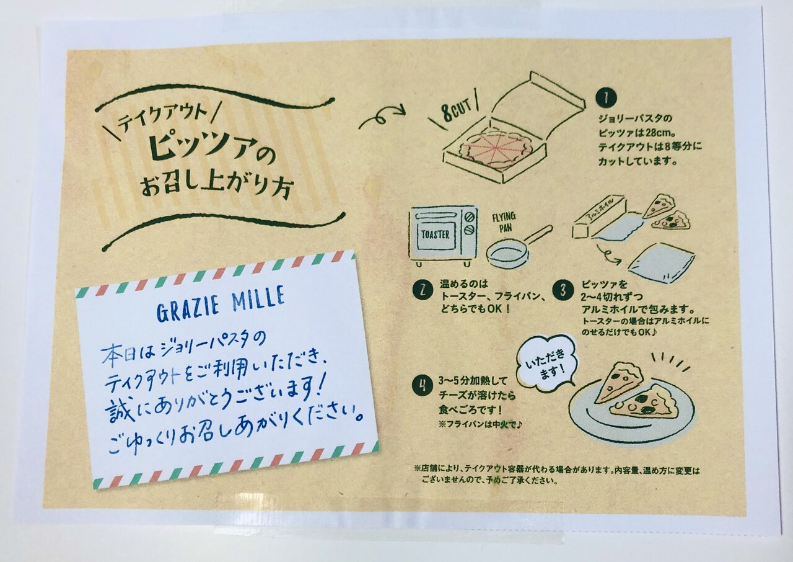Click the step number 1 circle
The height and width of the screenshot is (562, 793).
point(607,99)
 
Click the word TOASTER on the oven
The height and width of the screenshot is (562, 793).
point(435,234)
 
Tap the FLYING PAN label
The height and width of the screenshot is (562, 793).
point(504,222)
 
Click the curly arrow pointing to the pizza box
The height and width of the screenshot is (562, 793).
point(382,117)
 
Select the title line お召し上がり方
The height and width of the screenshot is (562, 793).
point(216,187)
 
